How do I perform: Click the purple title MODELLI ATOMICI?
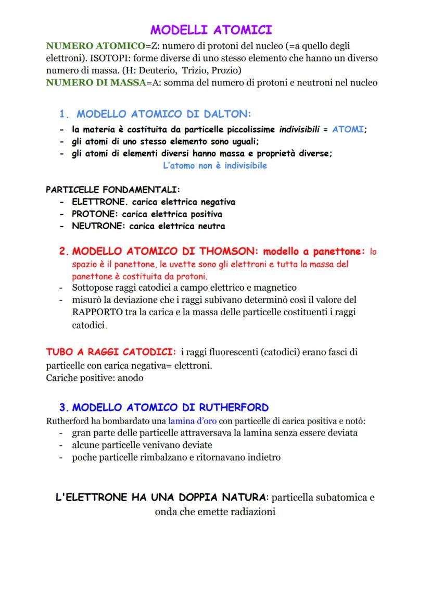coord(211,29)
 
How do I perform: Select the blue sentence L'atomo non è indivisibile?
coord(215,166)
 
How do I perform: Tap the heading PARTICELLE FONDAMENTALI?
coord(113,189)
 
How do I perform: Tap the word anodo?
coord(130,378)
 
